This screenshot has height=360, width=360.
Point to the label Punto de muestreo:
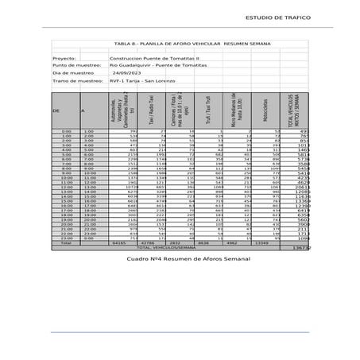click(x=76, y=65)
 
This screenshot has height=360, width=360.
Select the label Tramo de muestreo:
click(x=77, y=81)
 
